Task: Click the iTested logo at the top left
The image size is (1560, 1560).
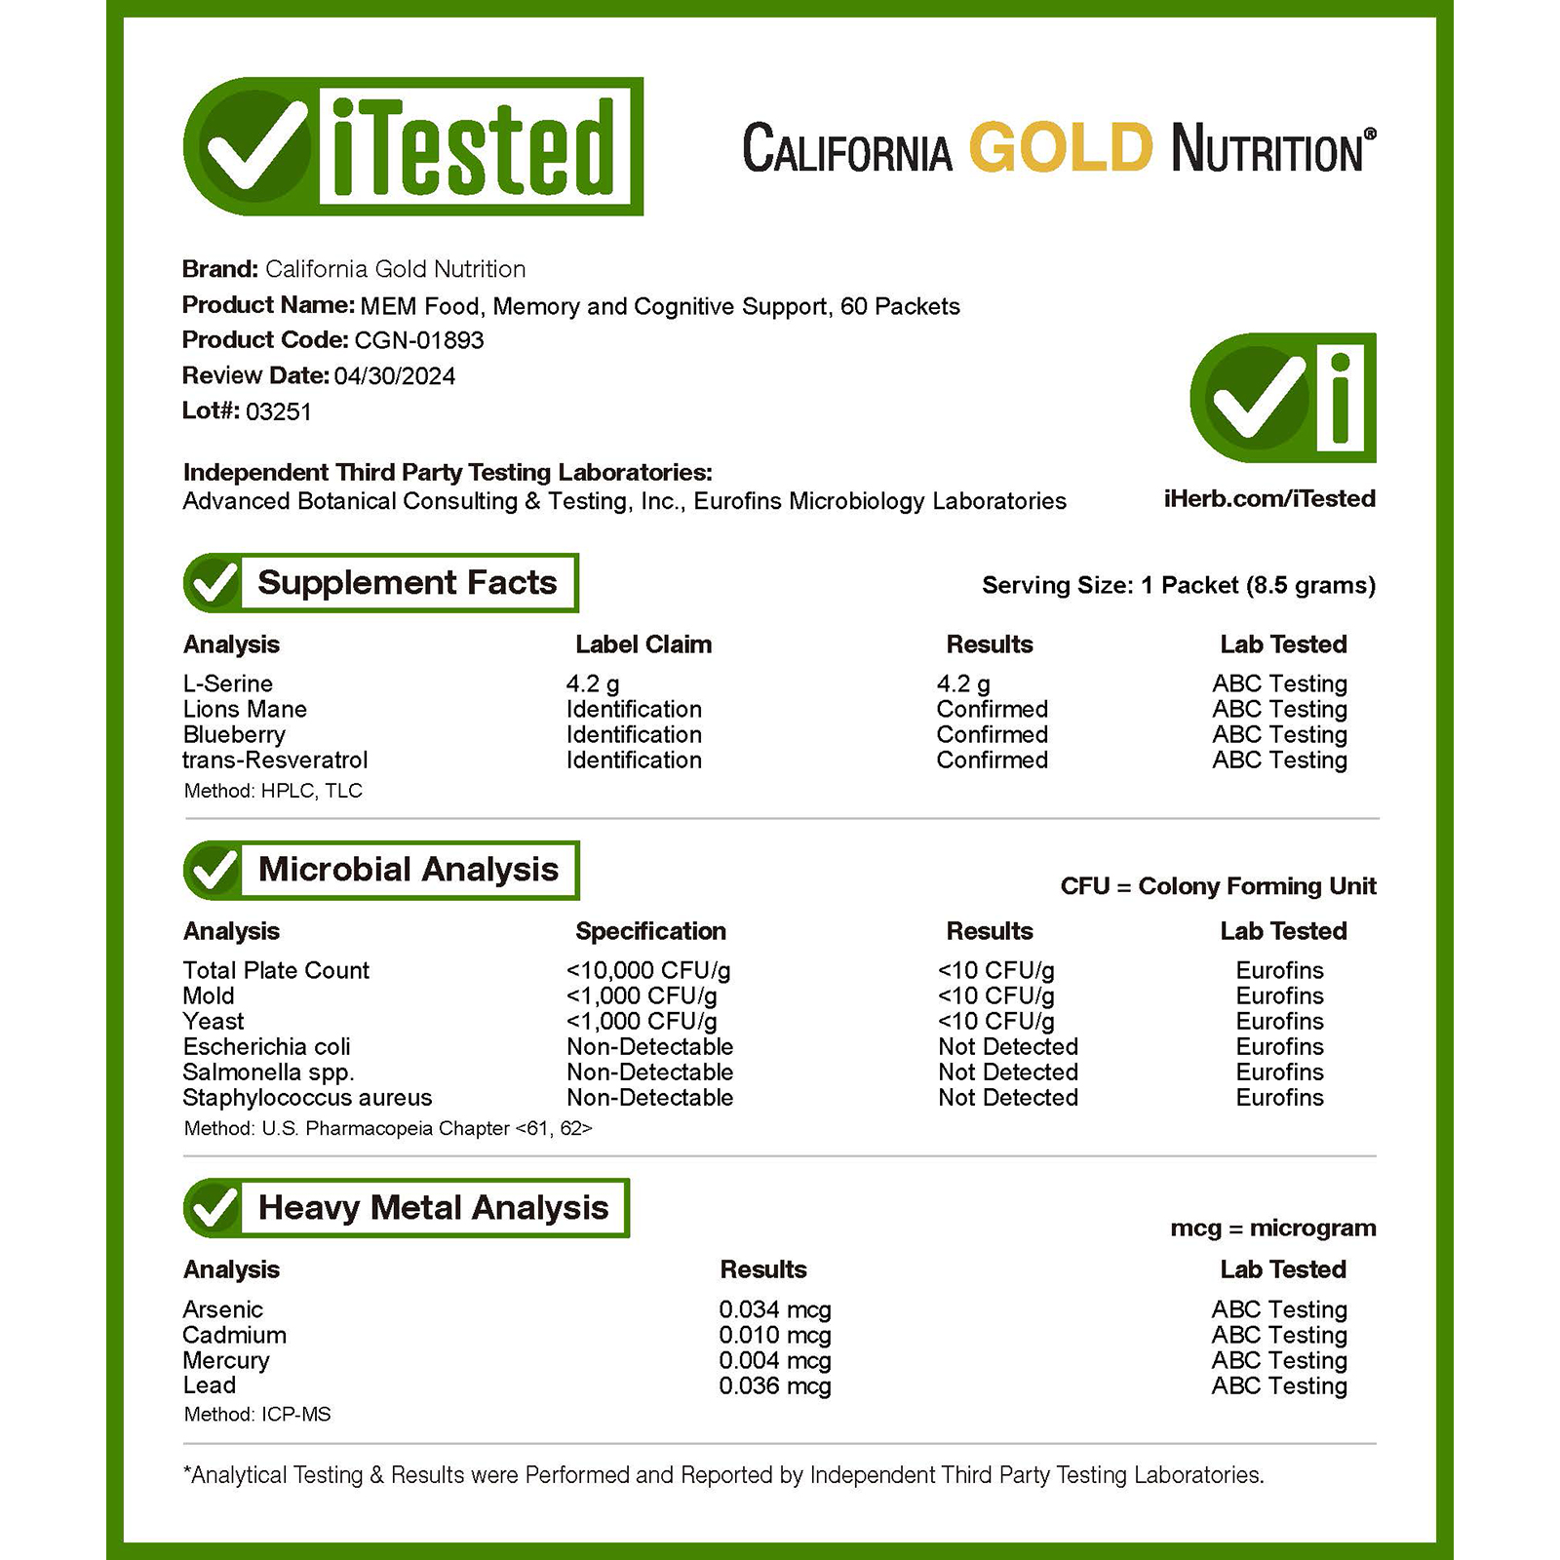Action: point(413,146)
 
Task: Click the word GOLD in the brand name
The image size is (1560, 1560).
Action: point(1061,148)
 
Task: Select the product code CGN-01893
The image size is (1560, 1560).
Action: point(419,340)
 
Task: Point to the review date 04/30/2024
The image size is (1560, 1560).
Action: point(394,376)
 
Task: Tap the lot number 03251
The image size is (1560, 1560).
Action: point(278,411)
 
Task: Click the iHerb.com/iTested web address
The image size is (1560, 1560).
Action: point(1269,499)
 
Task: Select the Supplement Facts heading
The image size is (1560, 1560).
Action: point(407,583)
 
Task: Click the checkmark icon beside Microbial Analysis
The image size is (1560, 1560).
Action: point(214,870)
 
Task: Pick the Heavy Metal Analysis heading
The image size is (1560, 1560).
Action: point(433,1208)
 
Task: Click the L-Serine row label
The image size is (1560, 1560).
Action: point(227,683)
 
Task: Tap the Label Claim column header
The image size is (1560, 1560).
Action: point(643,644)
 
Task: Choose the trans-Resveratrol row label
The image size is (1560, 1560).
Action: point(275,760)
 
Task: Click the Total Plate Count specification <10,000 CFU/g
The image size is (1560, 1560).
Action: point(648,970)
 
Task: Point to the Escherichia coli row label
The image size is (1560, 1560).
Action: point(266,1046)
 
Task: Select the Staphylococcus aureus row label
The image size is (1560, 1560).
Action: point(307,1097)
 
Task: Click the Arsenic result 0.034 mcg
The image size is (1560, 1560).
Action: point(775,1309)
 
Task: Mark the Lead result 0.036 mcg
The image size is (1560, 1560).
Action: point(775,1385)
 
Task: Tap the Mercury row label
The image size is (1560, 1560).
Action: point(225,1360)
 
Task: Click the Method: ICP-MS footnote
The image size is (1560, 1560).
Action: point(257,1414)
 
